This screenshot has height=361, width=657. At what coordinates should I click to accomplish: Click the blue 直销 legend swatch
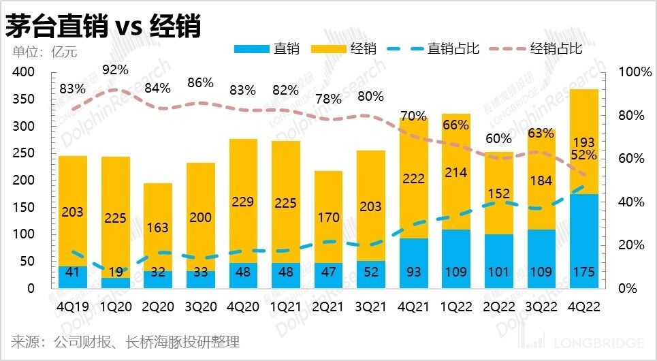coord(251,48)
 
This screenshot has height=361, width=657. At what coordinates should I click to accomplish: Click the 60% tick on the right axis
coord(631,159)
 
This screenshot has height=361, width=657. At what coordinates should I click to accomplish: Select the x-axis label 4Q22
coord(583,307)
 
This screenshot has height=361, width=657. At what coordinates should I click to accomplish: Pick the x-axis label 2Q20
coord(157,307)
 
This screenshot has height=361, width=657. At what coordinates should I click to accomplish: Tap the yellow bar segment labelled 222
coord(413,178)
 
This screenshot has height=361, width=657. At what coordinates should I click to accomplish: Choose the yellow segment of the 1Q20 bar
coord(116,217)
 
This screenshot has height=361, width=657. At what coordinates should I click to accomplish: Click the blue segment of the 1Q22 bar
coord(455,259)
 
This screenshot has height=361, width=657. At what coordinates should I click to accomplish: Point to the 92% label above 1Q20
coord(116,69)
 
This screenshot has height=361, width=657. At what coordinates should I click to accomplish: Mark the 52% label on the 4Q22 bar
coord(583,155)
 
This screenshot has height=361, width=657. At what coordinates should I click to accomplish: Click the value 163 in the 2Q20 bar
coord(157,227)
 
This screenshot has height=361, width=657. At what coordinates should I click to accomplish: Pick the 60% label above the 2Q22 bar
coord(498,139)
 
